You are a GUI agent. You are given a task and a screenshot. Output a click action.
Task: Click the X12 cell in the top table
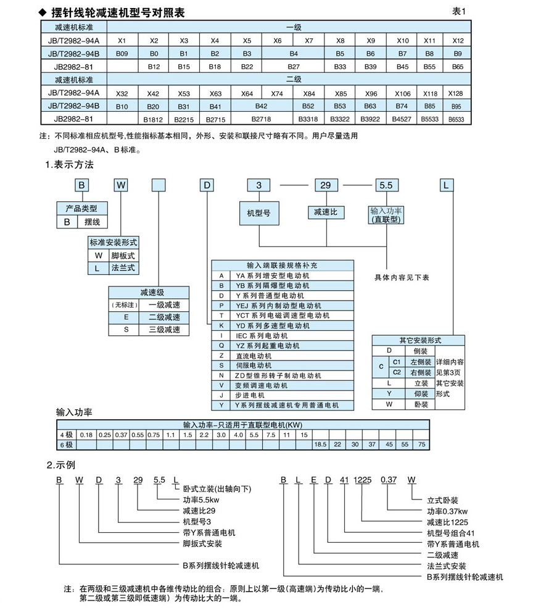pyautogui.click(x=457, y=41)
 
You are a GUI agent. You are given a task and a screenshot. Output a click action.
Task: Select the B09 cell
pyautogui.click(x=122, y=54)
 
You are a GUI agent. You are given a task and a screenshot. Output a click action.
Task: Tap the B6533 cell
pyautogui.click(x=457, y=119)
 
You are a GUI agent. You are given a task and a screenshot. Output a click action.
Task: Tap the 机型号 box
pyautogui.click(x=258, y=213)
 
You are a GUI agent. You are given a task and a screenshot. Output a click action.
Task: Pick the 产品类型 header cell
pyautogui.click(x=81, y=209)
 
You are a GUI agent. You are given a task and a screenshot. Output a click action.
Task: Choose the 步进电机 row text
pyautogui.click(x=250, y=395)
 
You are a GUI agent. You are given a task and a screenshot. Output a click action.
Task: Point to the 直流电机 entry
pyautogui.click(x=250, y=355)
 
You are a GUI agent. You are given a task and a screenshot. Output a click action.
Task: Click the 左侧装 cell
pyautogui.click(x=420, y=362)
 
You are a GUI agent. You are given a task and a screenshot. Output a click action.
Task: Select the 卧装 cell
pyautogui.click(x=420, y=404)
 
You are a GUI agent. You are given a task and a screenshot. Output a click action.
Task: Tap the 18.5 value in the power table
pyautogui.click(x=321, y=445)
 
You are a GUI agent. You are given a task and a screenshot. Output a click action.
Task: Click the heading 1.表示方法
pyautogui.click(x=70, y=165)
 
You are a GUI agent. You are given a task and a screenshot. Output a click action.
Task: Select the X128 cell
pyautogui.click(x=457, y=93)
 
